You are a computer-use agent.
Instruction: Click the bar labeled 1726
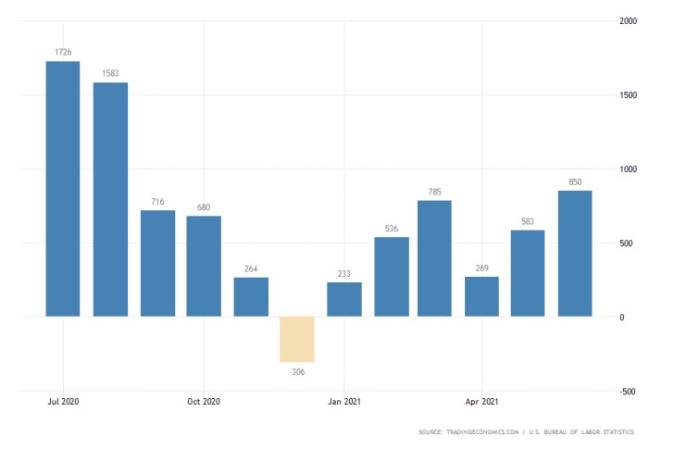point(63,189)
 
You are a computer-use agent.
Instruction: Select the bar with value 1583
point(110,199)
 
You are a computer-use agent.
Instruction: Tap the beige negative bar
point(297,339)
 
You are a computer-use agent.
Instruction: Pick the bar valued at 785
point(434,258)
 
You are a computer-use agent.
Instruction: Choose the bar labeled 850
point(575,254)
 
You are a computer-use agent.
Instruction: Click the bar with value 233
point(344,299)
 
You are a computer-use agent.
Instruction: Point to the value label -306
point(297,371)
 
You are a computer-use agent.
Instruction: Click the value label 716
point(156,201)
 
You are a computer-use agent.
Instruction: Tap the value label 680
point(204,206)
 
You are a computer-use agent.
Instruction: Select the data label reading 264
point(250,268)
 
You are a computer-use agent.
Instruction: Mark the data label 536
point(391,228)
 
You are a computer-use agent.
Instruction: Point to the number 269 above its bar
point(481,268)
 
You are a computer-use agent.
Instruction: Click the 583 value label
point(527,220)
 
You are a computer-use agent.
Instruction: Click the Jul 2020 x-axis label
point(63,401)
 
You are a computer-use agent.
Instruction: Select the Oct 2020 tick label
point(204,401)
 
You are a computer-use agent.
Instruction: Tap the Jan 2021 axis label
point(344,401)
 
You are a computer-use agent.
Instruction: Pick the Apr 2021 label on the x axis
point(481,401)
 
